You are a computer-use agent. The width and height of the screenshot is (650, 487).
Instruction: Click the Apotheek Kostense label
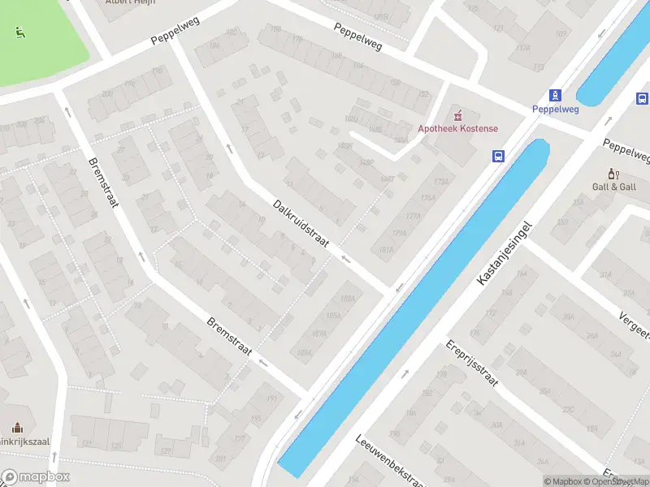tap(457, 128)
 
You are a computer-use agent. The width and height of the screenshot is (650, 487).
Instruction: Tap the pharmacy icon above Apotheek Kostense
tap(457, 115)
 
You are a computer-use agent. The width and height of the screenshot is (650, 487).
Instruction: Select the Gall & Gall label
tap(613, 187)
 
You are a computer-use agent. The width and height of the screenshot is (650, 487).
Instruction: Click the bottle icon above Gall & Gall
tap(613, 174)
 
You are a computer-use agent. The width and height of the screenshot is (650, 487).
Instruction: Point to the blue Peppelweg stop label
tap(555, 109)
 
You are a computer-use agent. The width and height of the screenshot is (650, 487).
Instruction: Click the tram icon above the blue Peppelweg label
tap(555, 95)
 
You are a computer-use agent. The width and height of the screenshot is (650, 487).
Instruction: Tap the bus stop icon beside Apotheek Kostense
tap(500, 157)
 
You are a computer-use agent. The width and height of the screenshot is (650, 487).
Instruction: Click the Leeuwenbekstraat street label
tap(390, 460)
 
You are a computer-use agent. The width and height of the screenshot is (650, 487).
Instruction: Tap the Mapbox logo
tap(35, 477)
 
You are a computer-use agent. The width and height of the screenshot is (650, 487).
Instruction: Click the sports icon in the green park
tap(19, 32)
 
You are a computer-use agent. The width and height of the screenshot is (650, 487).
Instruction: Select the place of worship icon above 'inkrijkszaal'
tap(17, 428)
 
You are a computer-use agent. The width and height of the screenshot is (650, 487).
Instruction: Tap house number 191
tap(272, 399)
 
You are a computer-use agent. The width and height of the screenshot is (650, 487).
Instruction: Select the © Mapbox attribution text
tap(562, 481)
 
